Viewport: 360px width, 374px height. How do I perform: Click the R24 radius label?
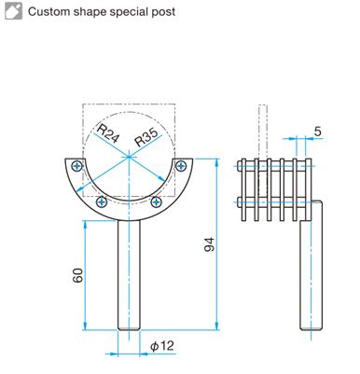107,133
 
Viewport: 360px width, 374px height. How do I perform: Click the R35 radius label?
148,137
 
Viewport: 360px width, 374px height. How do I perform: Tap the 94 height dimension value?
210,244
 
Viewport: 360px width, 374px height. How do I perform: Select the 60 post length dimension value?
78,275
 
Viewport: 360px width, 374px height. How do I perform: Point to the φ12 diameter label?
162,346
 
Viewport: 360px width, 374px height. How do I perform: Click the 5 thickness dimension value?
317,132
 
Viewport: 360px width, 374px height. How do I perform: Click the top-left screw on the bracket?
76,166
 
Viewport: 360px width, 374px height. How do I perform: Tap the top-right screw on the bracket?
181,166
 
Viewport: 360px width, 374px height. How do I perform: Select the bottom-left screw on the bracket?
102,202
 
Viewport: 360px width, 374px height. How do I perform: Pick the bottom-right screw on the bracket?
156,202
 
